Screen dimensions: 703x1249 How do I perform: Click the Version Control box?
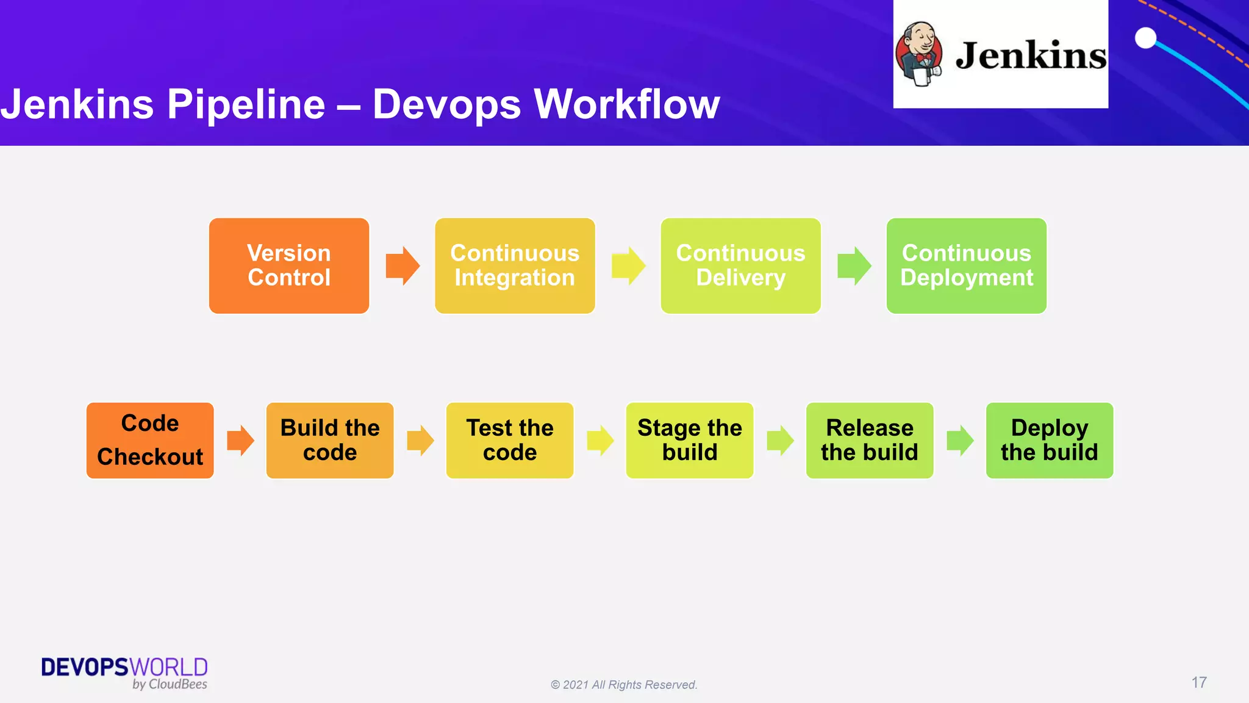pos(289,265)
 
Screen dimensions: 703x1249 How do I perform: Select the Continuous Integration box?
pos(515,265)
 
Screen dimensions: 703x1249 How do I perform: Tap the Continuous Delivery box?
pos(740,265)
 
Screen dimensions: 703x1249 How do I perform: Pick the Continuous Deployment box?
pos(966,265)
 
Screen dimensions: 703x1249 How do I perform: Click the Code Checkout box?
pos(150,440)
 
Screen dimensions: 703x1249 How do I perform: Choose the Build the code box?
pos(330,440)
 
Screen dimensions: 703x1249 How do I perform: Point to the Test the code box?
pos(510,440)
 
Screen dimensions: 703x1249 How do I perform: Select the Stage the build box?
pos(690,440)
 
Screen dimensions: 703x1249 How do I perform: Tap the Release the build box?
pos(870,440)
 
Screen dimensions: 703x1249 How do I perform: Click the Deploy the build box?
pos(1050,440)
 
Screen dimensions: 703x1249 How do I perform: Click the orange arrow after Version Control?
pos(403,265)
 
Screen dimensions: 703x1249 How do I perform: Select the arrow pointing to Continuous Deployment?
pos(854,265)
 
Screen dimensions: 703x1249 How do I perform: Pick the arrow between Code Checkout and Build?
pos(240,440)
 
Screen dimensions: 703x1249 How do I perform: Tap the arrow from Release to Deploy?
pos(960,440)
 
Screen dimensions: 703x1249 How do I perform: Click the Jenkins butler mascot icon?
pos(920,54)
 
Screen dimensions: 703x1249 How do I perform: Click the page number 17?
pos(1199,682)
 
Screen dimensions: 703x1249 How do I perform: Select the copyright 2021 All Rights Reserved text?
pos(624,685)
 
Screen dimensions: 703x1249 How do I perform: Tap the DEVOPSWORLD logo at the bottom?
pos(124,672)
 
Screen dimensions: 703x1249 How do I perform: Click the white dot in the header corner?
pos(1145,38)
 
